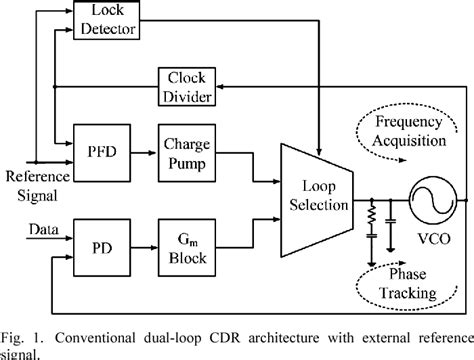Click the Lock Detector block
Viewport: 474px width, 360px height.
coord(106,20)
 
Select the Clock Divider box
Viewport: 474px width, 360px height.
coord(187,87)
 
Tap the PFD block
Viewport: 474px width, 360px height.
coord(102,153)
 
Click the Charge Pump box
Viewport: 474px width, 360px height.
coord(187,153)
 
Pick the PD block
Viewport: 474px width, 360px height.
coord(102,248)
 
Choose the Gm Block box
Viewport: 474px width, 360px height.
coord(187,248)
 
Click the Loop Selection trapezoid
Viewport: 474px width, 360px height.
coord(317,200)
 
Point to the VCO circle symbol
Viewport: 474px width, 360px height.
coord(433,200)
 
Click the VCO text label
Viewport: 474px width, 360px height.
coord(434,239)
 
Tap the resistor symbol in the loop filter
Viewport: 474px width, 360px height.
coord(372,214)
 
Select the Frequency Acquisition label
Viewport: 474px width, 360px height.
coord(409,131)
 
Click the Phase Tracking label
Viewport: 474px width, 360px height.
coord(408,284)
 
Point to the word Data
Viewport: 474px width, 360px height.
coord(44,229)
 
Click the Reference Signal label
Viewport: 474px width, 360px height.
coord(38,186)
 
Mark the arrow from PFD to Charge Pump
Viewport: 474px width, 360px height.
coord(143,153)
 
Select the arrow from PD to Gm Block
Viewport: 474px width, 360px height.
coord(144,248)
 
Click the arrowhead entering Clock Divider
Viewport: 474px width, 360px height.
coord(220,87)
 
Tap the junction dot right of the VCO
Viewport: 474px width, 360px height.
coord(466,200)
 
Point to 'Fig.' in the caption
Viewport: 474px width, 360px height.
coord(13,339)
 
